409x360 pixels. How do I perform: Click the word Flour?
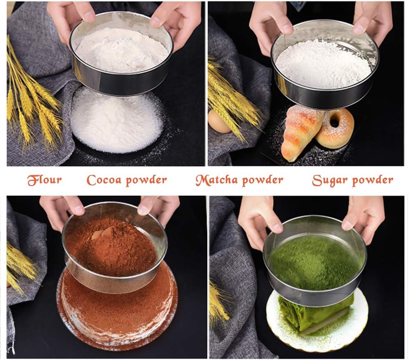(x=45, y=180)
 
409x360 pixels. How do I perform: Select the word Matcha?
(x=217, y=180)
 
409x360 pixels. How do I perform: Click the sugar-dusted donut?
(x=335, y=128)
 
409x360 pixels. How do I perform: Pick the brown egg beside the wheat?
(x=219, y=122)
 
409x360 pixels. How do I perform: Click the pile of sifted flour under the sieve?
(x=117, y=122)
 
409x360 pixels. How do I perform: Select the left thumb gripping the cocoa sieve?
(x=78, y=209)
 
